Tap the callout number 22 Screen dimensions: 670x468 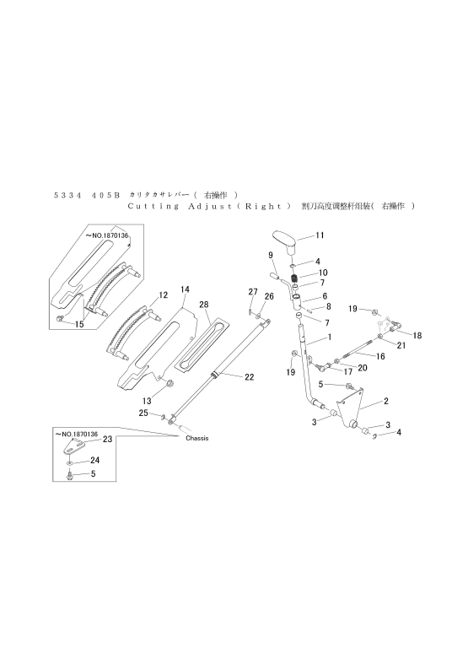[x=249, y=377]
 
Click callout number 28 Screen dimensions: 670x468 [x=204, y=304]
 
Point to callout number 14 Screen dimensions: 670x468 [x=185, y=289]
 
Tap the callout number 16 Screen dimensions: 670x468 [x=380, y=357]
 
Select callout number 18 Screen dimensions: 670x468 [x=417, y=335]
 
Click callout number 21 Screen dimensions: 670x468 [x=401, y=345]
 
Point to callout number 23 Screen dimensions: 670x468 [x=107, y=439]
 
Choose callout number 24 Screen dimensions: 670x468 [x=94, y=461]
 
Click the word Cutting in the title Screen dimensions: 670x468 [x=153, y=205]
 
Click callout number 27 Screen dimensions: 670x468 [x=251, y=291]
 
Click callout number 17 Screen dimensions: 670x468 [x=347, y=371]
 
